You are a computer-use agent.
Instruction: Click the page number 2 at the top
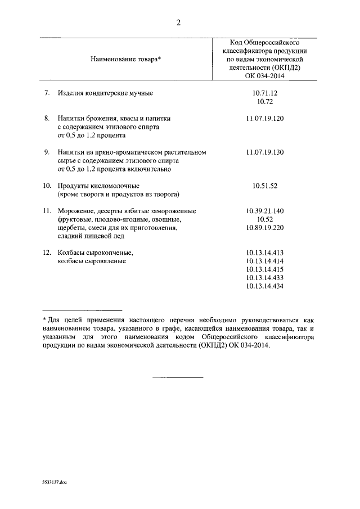point(178,22)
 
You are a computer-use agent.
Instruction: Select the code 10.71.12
point(264,92)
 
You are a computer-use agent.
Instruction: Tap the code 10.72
point(264,101)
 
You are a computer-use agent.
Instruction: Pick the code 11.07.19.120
point(264,119)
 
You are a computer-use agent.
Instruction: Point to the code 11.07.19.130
point(264,152)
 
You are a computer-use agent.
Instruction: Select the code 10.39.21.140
point(264,211)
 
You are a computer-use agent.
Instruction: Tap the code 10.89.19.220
point(264,228)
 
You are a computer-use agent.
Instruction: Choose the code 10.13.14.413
point(264,253)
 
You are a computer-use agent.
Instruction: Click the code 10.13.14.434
point(264,286)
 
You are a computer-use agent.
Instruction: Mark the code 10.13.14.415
point(264,269)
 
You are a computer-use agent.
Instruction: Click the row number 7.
point(47,92)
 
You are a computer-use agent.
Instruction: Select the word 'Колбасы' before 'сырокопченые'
point(71,253)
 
